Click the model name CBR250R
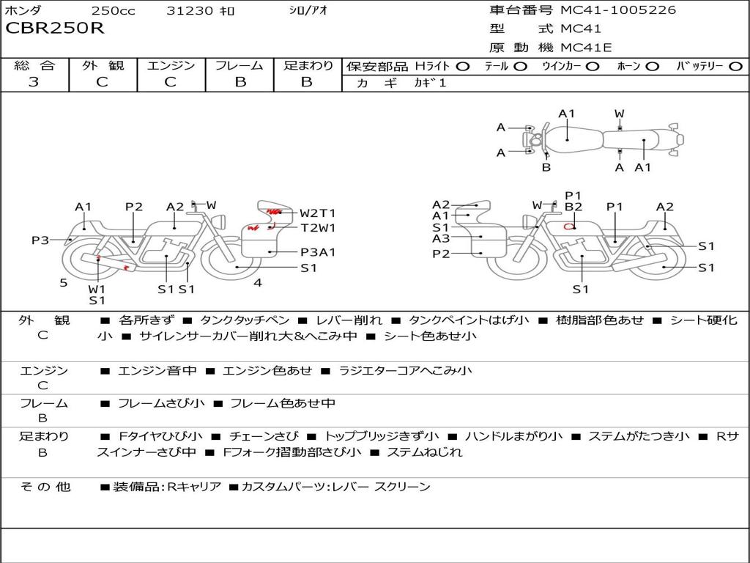55,29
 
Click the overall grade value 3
34,82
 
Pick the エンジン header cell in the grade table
171,65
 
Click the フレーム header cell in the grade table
240,65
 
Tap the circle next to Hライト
463,66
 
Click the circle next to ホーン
653,66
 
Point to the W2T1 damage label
317,213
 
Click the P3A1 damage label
317,252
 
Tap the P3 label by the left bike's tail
40,240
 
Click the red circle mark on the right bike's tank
568,226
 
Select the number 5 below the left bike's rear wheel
64,282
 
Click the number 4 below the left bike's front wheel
257,282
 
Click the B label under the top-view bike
546,167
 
